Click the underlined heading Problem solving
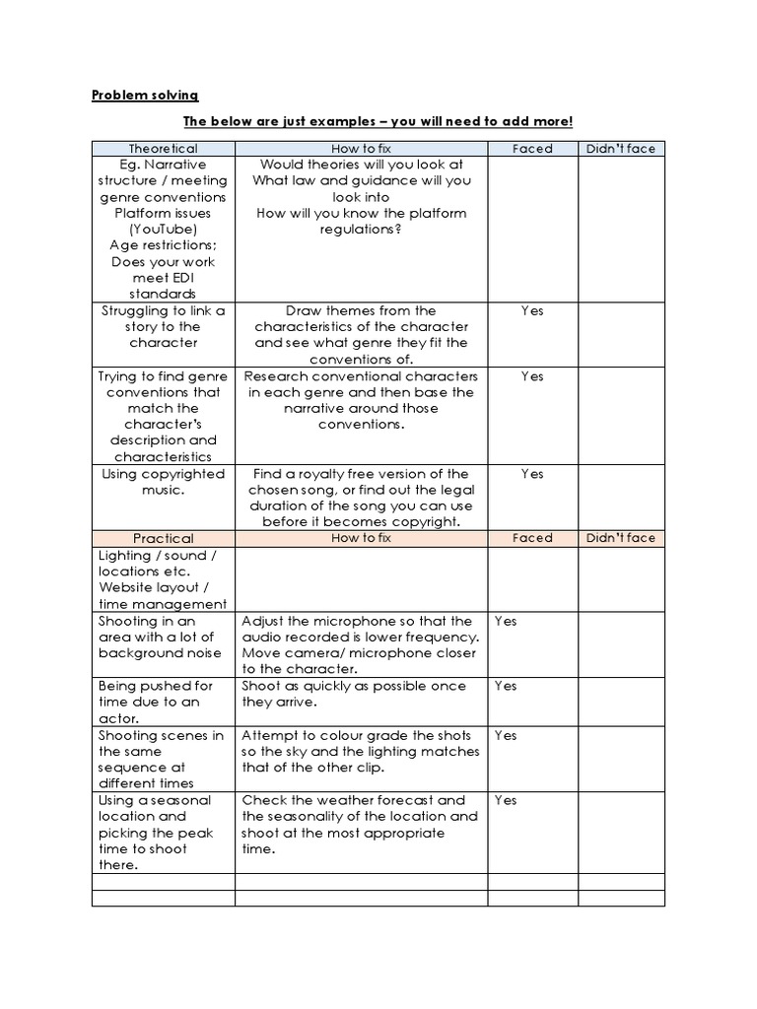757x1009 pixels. click(145, 95)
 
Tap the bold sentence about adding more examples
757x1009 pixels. click(378, 121)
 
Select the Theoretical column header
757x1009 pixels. click(163, 149)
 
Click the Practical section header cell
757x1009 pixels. click(163, 538)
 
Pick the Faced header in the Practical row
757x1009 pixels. click(532, 538)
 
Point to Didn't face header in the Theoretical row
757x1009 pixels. click(620, 149)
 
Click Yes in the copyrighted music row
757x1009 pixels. click(532, 474)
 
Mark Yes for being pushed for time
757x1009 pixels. click(506, 685)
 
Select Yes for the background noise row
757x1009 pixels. click(506, 621)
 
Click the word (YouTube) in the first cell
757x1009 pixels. click(163, 230)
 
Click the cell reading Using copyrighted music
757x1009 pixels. click(163, 482)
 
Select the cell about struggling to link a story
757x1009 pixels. click(163, 326)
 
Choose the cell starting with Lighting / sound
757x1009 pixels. click(163, 579)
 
